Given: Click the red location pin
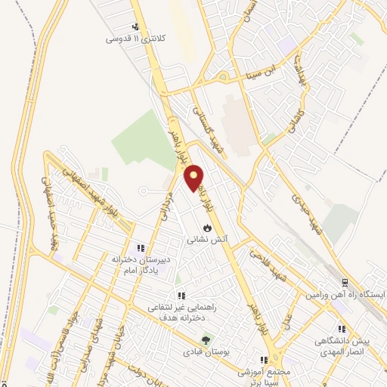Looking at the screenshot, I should click(x=194, y=178).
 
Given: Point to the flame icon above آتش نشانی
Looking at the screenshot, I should click(x=207, y=227).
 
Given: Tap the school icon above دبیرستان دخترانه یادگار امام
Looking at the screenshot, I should click(x=139, y=247).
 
